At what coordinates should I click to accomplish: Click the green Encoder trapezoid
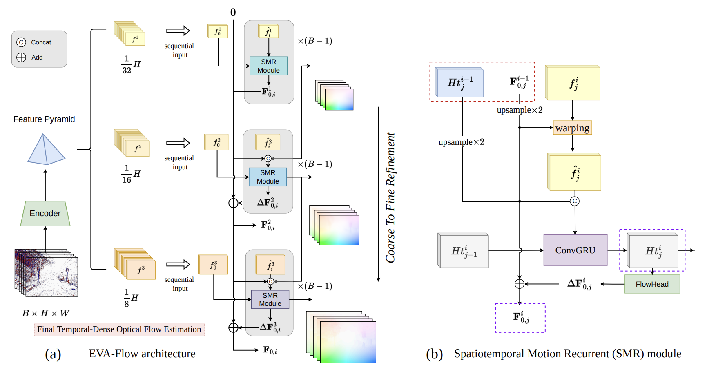click(45, 213)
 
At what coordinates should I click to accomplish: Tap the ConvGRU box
click(575, 250)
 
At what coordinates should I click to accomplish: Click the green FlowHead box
click(652, 284)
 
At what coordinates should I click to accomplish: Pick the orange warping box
click(572, 128)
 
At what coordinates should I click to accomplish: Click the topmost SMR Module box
click(268, 66)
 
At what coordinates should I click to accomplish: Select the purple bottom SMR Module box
click(270, 299)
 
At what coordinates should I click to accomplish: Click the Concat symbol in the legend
click(21, 42)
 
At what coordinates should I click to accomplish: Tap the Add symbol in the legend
click(21, 57)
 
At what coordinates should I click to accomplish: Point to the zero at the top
click(233, 13)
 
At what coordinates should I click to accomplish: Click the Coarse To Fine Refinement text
click(391, 197)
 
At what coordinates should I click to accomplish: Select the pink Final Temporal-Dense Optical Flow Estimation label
click(119, 329)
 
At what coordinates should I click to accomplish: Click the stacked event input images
click(46, 273)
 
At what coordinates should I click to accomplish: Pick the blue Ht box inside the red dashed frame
click(459, 82)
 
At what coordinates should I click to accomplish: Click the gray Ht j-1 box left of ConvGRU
click(463, 250)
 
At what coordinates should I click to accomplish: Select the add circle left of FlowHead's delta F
click(519, 284)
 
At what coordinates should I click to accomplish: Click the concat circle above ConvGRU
click(575, 201)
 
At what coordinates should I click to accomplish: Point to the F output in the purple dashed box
click(521, 317)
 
